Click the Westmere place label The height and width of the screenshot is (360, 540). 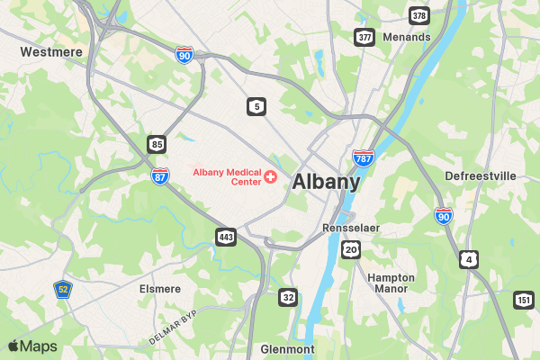[51, 52]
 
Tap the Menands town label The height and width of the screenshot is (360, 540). [406, 37]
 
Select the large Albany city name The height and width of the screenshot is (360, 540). [326, 182]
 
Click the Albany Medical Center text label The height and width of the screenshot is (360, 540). [226, 176]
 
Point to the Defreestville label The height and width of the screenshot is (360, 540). [481, 175]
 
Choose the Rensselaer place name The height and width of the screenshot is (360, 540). [351, 229]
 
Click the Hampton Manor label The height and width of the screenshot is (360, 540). [391, 283]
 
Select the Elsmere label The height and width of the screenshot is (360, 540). [160, 289]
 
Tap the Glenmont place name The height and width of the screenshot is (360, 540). [287, 348]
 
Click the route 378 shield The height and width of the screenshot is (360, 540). [418, 16]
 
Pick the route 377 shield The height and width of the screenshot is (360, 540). [364, 37]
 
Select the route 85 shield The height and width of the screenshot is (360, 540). [157, 144]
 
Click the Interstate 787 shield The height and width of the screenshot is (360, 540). [364, 159]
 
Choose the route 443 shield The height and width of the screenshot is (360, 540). [225, 237]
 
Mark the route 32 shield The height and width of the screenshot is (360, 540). [288, 297]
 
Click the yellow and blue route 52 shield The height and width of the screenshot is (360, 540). [62, 289]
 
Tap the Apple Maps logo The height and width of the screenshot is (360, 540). [32, 346]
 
